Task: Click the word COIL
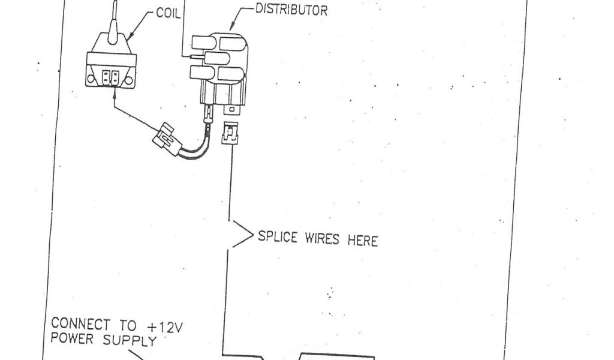pos(168,12)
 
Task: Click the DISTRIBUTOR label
pos(291,10)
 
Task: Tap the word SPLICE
pos(277,238)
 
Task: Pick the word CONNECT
pos(80,325)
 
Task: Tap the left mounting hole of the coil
pos(92,79)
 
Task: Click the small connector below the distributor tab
pos(228,135)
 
